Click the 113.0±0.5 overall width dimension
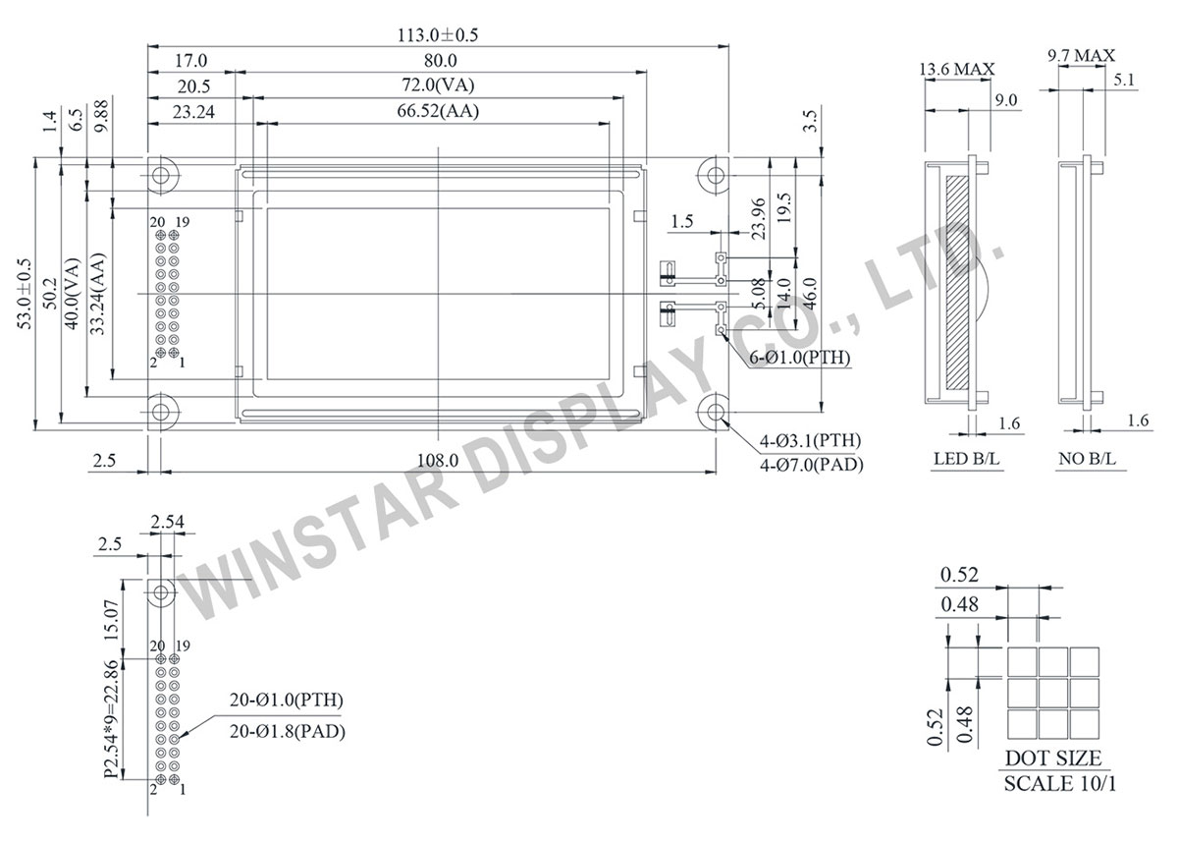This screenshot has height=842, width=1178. point(438,33)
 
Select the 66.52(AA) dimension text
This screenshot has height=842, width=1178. point(438,111)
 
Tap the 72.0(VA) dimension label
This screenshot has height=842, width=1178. point(438,85)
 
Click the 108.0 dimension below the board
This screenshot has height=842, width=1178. point(438,459)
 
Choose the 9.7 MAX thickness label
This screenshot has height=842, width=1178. point(1081,56)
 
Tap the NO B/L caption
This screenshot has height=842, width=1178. point(1088,458)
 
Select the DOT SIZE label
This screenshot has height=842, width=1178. point(1052,758)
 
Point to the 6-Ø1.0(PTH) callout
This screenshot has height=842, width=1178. point(800,358)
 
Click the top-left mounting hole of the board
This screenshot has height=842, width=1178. point(162,175)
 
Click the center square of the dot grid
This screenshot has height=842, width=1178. point(1053,692)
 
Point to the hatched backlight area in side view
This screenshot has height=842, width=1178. point(957,280)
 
